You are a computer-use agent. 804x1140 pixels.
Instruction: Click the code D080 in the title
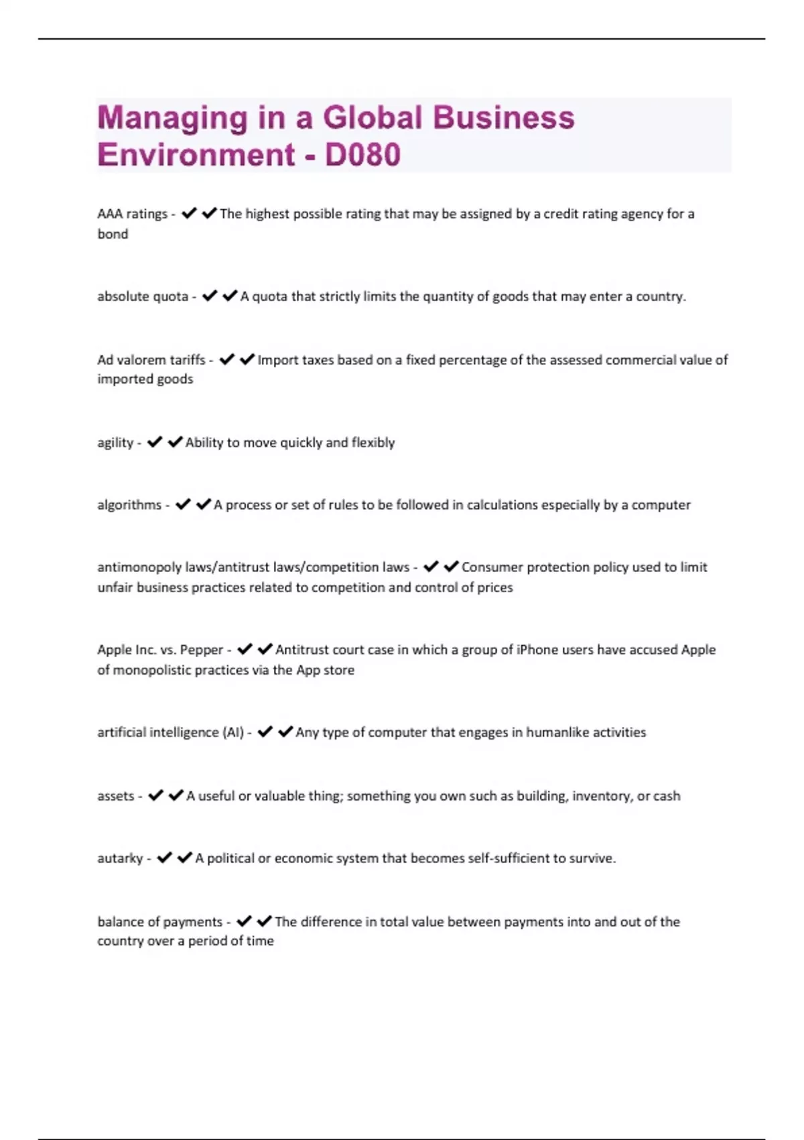pyautogui.click(x=362, y=155)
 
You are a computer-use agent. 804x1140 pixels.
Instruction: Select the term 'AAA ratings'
pyautogui.click(x=132, y=214)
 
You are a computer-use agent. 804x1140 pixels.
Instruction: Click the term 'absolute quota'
pyautogui.click(x=143, y=296)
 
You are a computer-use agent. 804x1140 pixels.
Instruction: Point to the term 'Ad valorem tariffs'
pyautogui.click(x=151, y=360)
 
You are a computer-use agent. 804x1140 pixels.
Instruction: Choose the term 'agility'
pyautogui.click(x=115, y=443)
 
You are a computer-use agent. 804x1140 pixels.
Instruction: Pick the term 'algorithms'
pyautogui.click(x=129, y=505)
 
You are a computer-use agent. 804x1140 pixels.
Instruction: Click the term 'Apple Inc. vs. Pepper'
pyautogui.click(x=160, y=650)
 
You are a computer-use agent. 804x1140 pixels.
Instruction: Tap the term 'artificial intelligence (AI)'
pyautogui.click(x=170, y=732)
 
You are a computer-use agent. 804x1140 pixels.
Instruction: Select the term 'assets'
pyautogui.click(x=116, y=796)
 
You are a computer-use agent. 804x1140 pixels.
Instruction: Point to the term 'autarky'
pyautogui.click(x=120, y=858)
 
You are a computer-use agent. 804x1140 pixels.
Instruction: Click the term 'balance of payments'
pyautogui.click(x=159, y=922)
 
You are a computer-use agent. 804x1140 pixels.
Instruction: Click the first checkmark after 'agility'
pyautogui.click(x=155, y=442)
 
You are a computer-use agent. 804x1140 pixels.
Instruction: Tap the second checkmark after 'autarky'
pyautogui.click(x=185, y=858)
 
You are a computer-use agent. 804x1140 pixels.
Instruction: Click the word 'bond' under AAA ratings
pyautogui.click(x=113, y=234)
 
